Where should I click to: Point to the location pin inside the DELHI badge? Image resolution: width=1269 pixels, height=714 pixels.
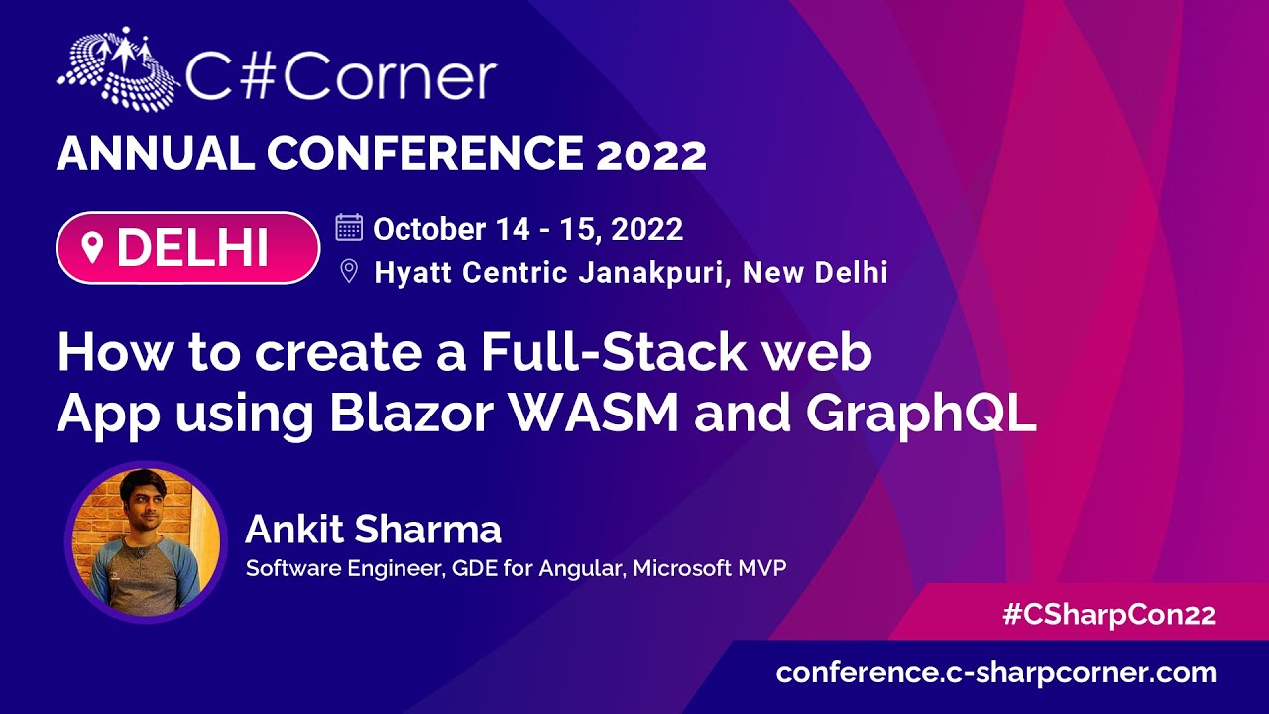pos(93,248)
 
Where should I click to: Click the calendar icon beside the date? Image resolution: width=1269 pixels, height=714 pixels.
pos(349,228)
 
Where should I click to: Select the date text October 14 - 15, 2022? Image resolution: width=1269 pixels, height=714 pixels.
pos(528,229)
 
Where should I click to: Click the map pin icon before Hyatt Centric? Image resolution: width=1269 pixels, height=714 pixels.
pos(349,271)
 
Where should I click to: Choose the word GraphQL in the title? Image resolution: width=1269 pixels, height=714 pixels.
pos(920,416)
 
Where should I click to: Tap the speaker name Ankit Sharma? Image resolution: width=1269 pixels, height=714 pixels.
pos(373,530)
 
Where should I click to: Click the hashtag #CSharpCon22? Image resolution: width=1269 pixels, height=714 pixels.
pos(1108,614)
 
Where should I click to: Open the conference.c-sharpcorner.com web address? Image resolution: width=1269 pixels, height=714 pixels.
pos(996,672)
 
